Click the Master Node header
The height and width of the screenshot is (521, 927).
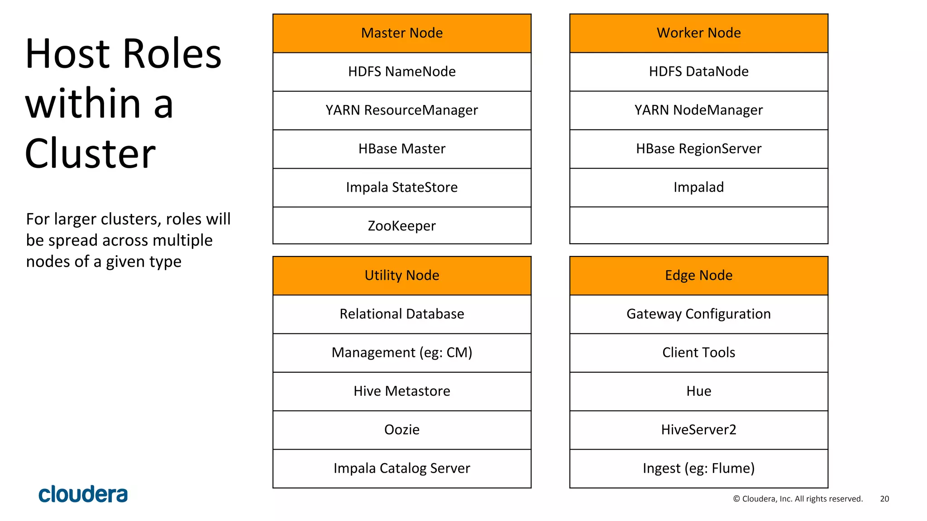tap(401, 33)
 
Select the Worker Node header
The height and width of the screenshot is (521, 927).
tap(698, 33)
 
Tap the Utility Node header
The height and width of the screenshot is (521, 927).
tap(401, 275)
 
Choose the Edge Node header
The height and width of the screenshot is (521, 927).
tap(698, 275)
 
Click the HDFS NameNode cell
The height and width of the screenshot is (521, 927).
tap(401, 71)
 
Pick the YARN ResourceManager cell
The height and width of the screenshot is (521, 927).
tap(401, 110)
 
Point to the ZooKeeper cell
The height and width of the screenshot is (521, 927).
tap(401, 226)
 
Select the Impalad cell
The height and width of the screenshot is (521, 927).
tap(698, 187)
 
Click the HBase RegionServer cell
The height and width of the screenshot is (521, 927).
tap(698, 149)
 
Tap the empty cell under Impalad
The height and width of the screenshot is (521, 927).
tap(698, 226)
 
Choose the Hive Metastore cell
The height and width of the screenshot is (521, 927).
tap(401, 391)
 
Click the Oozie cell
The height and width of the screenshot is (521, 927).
tap(401, 430)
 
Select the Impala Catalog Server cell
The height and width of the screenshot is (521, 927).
tap(401, 469)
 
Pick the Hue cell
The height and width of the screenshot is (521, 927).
tap(698, 391)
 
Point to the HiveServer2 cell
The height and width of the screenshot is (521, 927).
tap(698, 430)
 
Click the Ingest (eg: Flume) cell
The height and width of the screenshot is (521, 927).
tap(698, 469)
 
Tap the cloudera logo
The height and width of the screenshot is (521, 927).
tap(83, 494)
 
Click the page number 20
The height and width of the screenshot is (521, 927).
tap(884, 499)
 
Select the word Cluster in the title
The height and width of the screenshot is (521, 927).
tap(90, 154)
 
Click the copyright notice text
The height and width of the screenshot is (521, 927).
tap(798, 499)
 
